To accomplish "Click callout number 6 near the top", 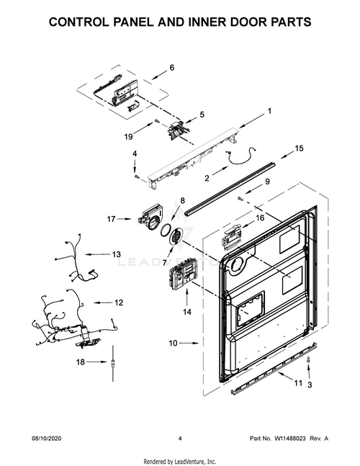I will coord(172,68).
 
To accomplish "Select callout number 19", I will coord(128,136).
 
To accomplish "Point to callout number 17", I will coord(112,218).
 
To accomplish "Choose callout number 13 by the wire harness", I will coord(116,254).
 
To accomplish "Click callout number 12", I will coord(119,303).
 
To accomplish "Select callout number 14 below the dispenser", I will coord(188,312).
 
